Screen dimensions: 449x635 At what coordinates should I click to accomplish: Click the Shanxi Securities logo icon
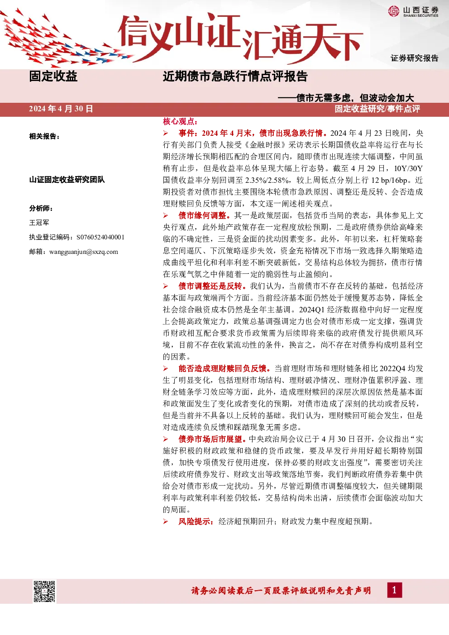[393, 11]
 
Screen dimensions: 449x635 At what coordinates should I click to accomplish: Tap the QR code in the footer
[44, 591]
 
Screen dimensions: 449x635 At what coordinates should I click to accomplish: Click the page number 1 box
[394, 590]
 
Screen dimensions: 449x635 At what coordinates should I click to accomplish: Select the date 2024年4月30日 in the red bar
[61, 109]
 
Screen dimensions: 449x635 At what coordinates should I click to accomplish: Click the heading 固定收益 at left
[53, 76]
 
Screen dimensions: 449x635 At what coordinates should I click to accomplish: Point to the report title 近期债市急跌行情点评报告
[235, 76]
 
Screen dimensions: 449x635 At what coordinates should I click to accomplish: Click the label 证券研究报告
[415, 58]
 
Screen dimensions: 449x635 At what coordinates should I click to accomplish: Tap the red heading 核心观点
[180, 122]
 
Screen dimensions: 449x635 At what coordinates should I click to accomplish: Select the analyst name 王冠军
[39, 223]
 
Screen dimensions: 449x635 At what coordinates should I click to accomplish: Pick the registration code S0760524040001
[100, 237]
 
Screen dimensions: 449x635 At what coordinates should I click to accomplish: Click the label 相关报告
[44, 136]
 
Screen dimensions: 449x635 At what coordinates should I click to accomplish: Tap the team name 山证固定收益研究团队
[67, 179]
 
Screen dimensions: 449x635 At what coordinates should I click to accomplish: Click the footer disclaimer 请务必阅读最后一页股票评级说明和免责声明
[281, 591]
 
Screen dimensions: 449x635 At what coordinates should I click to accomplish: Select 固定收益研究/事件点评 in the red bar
[377, 109]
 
